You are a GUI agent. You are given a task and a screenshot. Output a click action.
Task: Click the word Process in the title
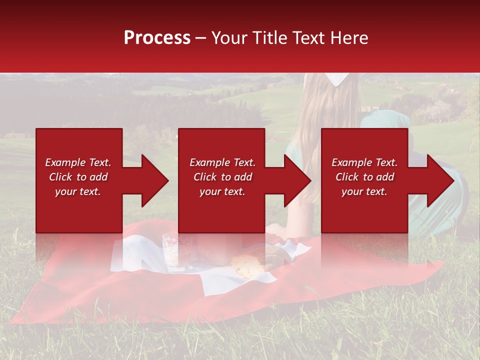(157, 38)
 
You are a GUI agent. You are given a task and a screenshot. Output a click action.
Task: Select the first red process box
(79, 210)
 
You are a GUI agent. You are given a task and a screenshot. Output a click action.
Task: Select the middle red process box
(221, 210)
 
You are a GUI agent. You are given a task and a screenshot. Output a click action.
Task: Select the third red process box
(364, 210)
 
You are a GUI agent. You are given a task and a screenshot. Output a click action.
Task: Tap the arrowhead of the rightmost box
(439, 180)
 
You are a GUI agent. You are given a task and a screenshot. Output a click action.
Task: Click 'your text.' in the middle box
(222, 191)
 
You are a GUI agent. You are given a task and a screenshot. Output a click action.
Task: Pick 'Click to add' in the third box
(364, 177)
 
